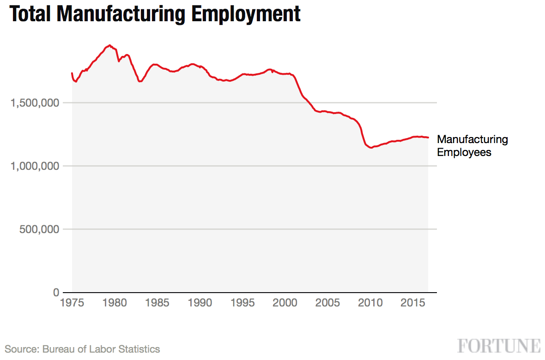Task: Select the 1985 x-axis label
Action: (157, 303)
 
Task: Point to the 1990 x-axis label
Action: (199, 303)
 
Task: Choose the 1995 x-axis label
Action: (242, 303)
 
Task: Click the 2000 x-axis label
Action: (285, 303)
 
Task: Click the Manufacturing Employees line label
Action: (472, 145)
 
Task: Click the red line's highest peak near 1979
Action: (109, 45)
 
